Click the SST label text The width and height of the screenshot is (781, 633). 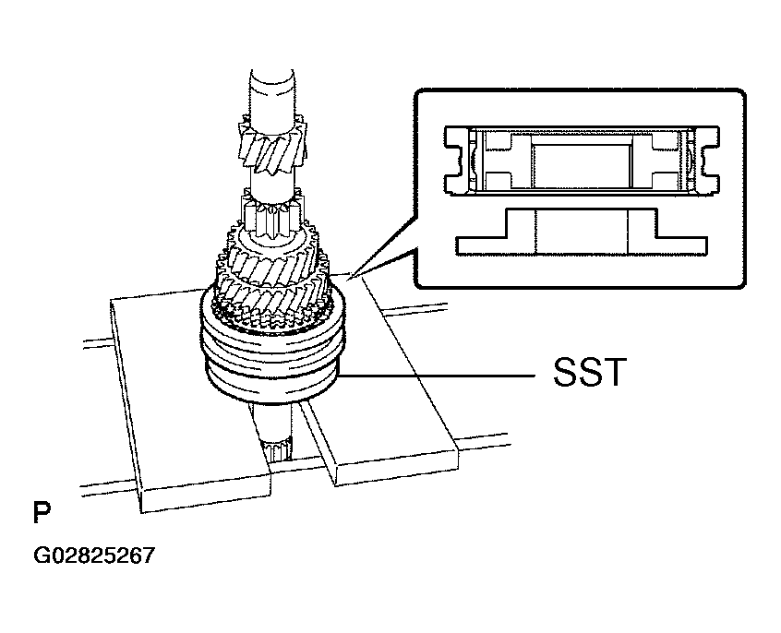click(590, 372)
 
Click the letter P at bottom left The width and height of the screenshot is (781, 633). click(42, 513)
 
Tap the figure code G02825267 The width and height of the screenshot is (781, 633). click(94, 555)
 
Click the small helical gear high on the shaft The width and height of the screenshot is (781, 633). click(272, 146)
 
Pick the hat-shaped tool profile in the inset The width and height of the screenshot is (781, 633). click(582, 232)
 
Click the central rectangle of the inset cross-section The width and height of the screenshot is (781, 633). click(582, 166)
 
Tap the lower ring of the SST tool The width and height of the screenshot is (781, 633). click(272, 383)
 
